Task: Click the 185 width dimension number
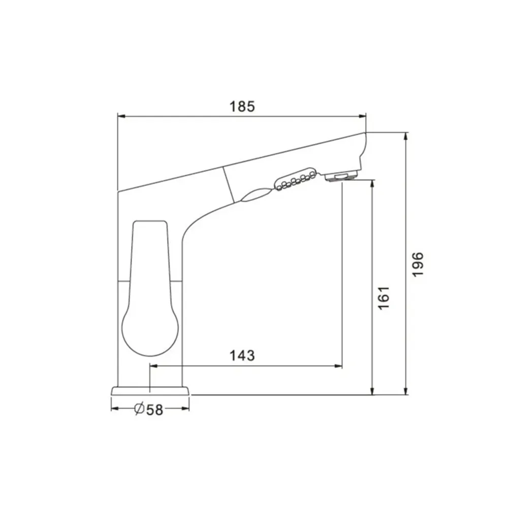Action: [x=242, y=106]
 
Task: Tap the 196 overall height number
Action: [x=418, y=264]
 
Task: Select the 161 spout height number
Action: [x=384, y=298]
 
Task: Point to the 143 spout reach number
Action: [x=242, y=356]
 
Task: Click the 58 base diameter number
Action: [x=154, y=410]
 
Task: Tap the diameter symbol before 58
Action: [x=139, y=409]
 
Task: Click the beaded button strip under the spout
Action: [x=295, y=179]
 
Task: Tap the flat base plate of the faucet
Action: [x=150, y=391]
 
